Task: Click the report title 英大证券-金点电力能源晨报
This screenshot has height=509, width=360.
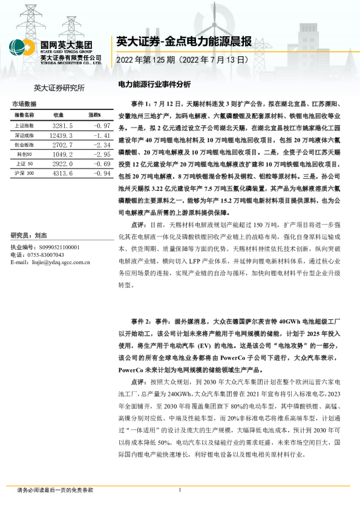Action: click(183, 42)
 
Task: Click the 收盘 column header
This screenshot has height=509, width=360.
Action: click(59, 114)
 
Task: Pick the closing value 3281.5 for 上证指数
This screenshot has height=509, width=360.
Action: click(63, 125)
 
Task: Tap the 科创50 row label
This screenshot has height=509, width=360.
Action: click(24, 154)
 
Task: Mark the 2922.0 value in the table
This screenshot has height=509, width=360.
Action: click(63, 164)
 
